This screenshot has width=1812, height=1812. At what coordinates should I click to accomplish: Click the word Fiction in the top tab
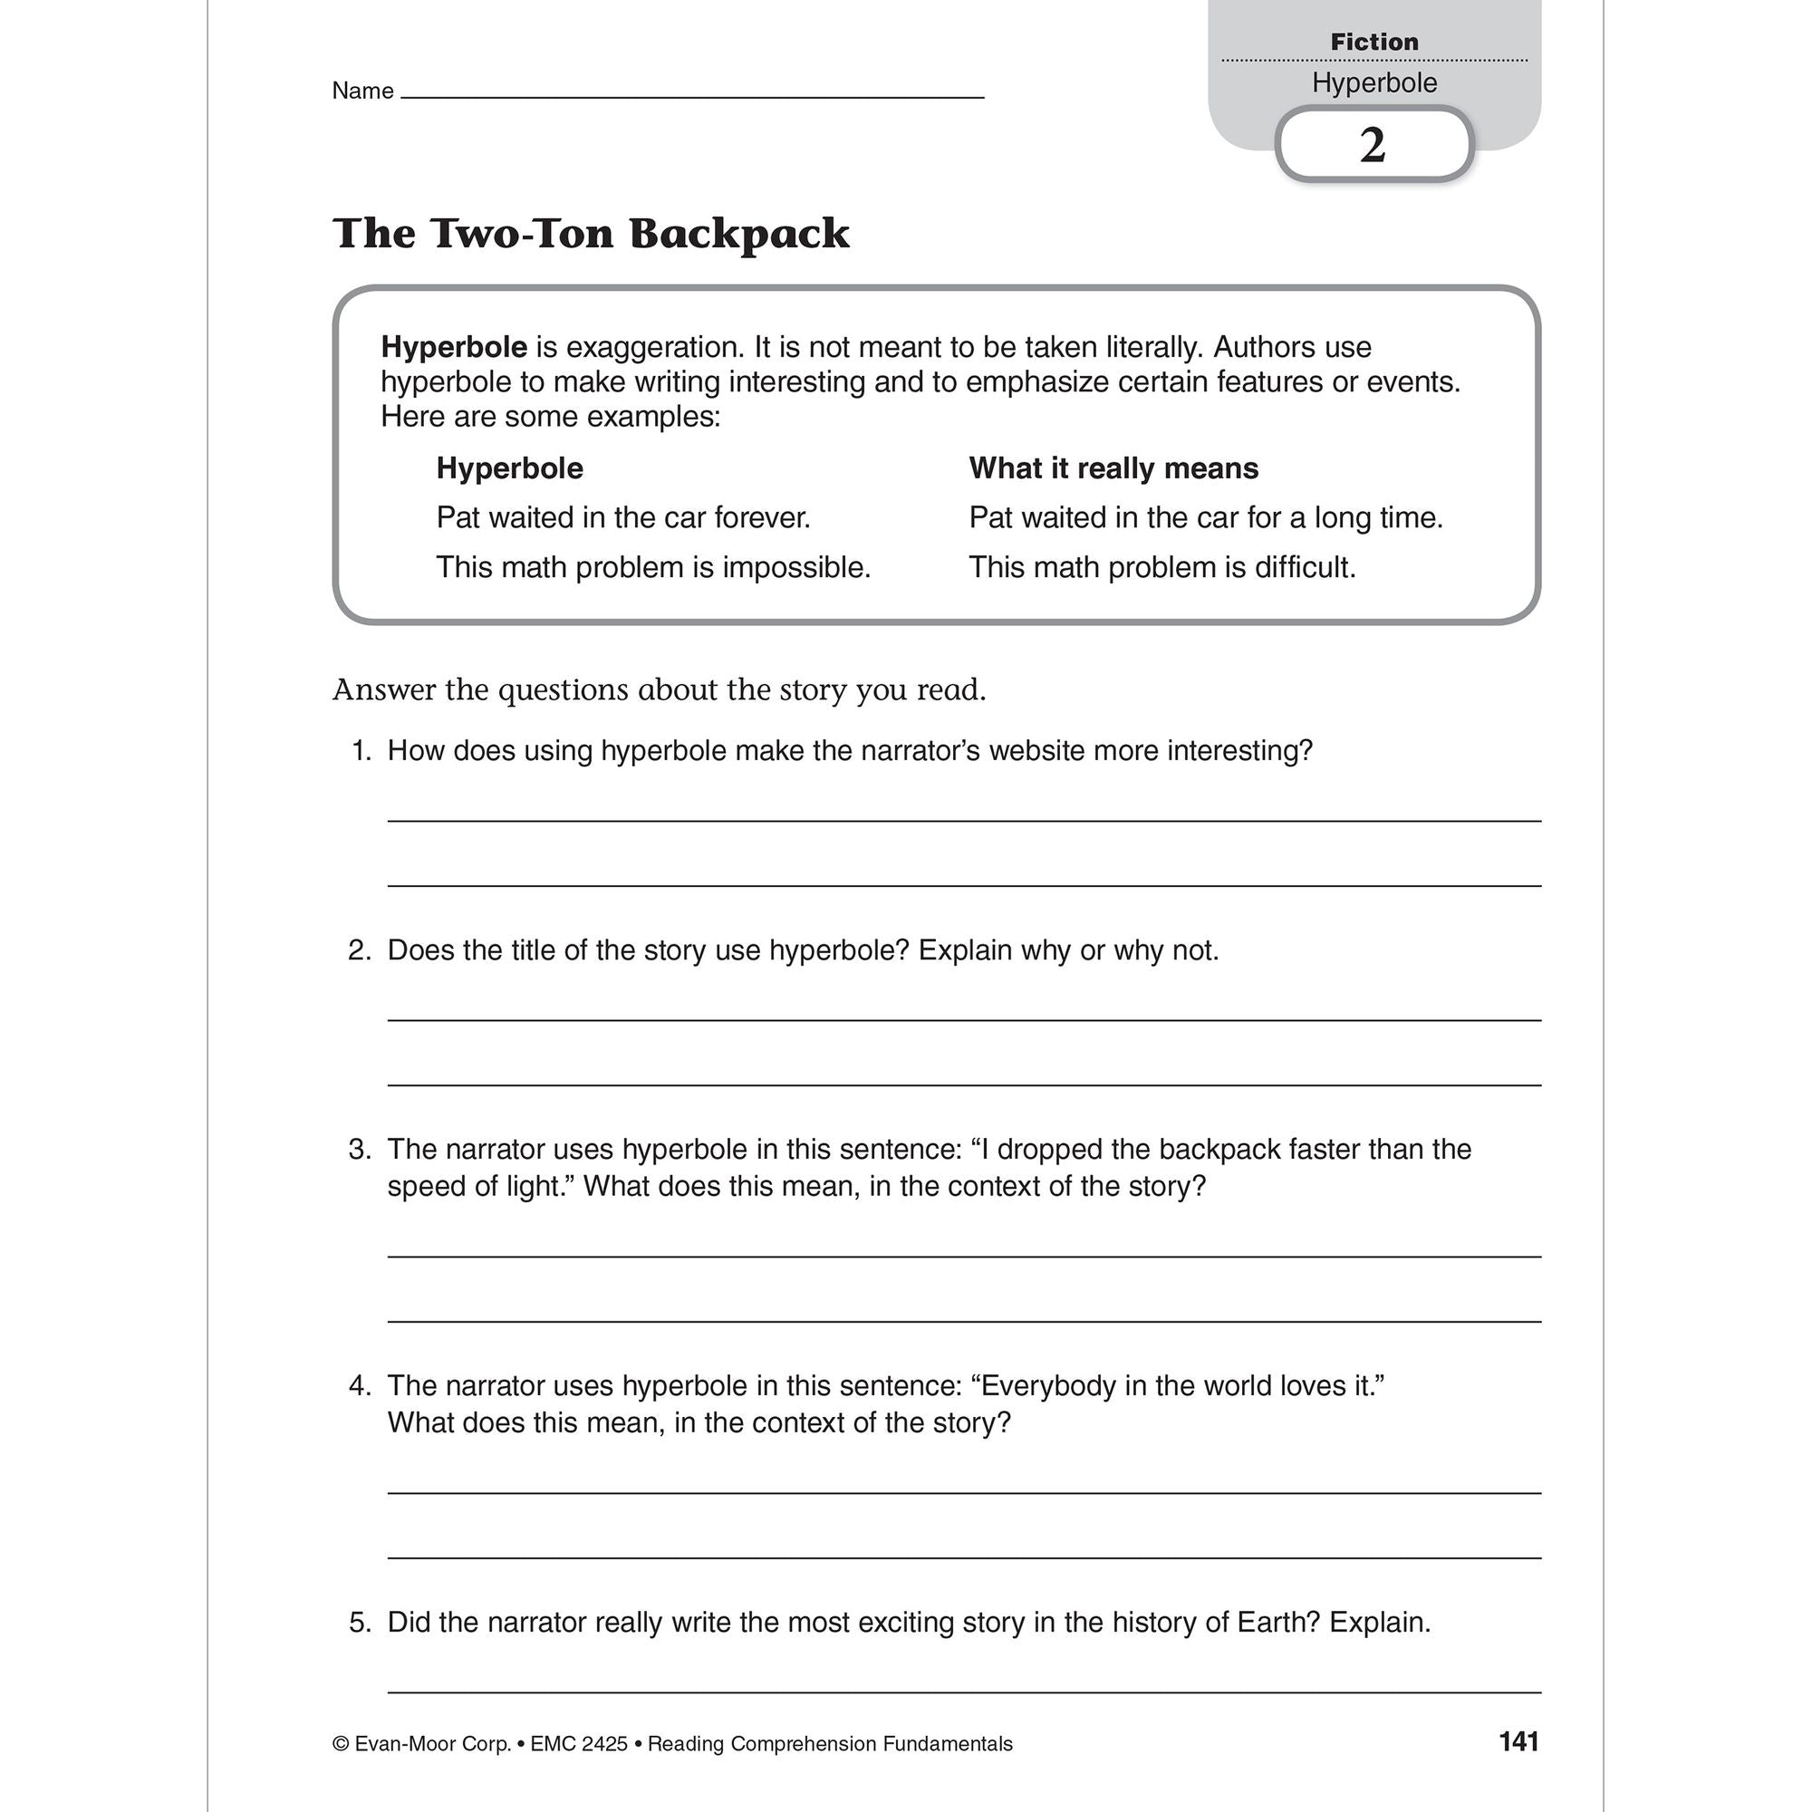click(1374, 43)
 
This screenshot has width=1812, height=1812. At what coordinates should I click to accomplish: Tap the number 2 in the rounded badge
click(1372, 145)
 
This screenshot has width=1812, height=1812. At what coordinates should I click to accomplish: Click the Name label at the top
click(362, 91)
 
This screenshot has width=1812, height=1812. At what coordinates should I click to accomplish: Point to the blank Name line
click(692, 94)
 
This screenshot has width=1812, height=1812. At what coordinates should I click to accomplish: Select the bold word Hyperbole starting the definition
click(454, 348)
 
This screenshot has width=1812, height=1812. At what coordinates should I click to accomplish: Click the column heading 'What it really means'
click(1113, 468)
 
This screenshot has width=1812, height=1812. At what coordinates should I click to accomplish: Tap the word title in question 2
click(537, 951)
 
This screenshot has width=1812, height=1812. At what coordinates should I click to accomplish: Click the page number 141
click(1518, 1741)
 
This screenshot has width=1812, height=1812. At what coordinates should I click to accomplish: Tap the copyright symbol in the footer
click(341, 1744)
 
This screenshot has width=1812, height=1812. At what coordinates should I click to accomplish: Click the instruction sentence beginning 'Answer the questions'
click(660, 690)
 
